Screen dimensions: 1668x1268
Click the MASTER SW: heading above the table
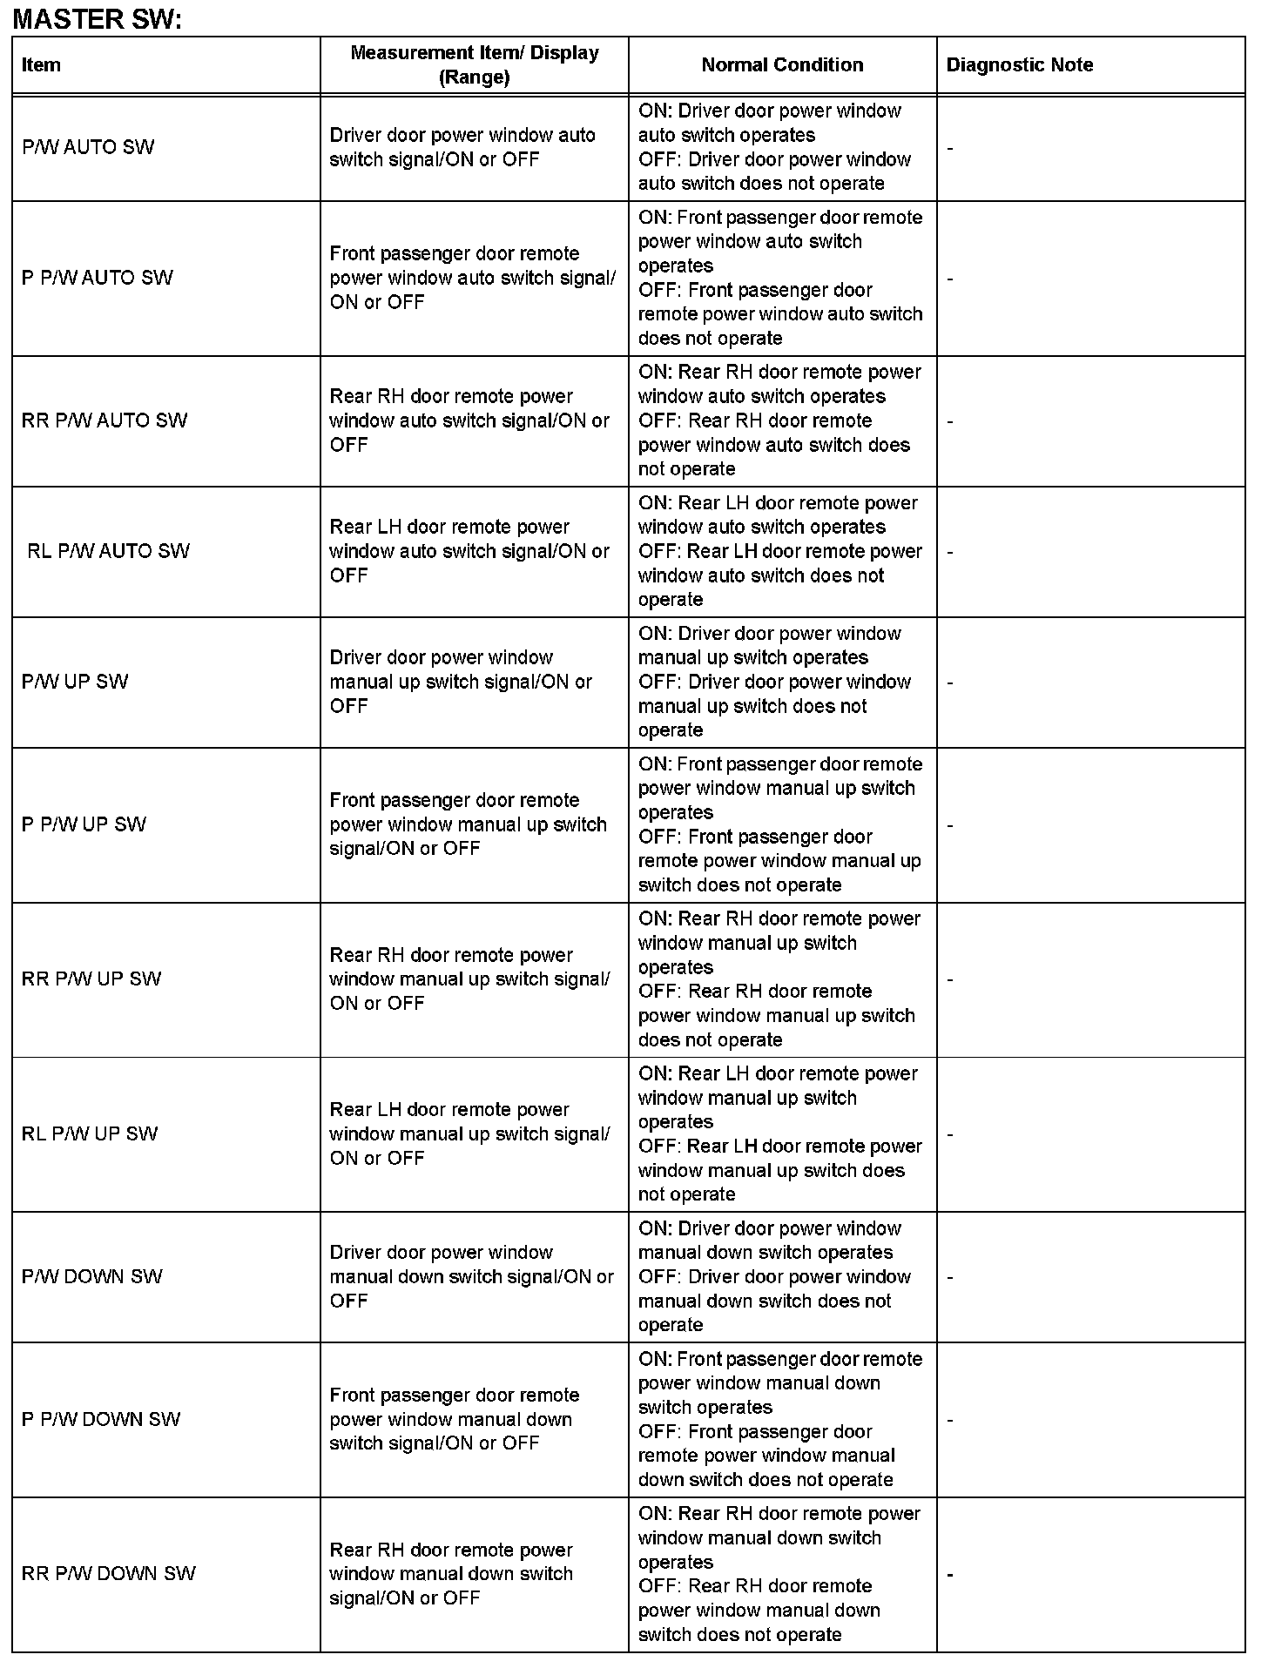pyautogui.click(x=97, y=18)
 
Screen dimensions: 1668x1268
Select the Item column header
pyautogui.click(x=41, y=65)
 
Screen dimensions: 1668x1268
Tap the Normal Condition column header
pyautogui.click(x=782, y=65)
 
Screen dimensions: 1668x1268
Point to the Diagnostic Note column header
pyautogui.click(x=1019, y=65)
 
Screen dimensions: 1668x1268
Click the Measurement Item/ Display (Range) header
pyautogui.click(x=474, y=65)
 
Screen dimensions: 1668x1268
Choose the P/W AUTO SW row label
pyautogui.click(x=88, y=147)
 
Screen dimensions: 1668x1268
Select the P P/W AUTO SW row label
pyautogui.click(x=98, y=278)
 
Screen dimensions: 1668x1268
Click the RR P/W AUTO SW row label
pyautogui.click(x=105, y=420)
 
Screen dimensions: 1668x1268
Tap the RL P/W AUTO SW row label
pyautogui.click(x=108, y=551)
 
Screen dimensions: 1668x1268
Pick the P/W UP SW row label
pyautogui.click(x=75, y=682)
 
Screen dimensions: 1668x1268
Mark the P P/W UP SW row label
pyautogui.click(x=84, y=824)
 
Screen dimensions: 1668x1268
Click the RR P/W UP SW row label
pyautogui.click(x=91, y=979)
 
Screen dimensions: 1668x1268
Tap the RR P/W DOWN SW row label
pyautogui.click(x=109, y=1574)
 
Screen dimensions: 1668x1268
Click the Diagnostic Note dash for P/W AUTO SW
pyautogui.click(x=950, y=149)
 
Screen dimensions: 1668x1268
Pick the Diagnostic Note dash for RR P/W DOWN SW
pyautogui.click(x=950, y=1575)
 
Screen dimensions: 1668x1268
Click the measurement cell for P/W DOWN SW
pyautogui.click(x=471, y=1276)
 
